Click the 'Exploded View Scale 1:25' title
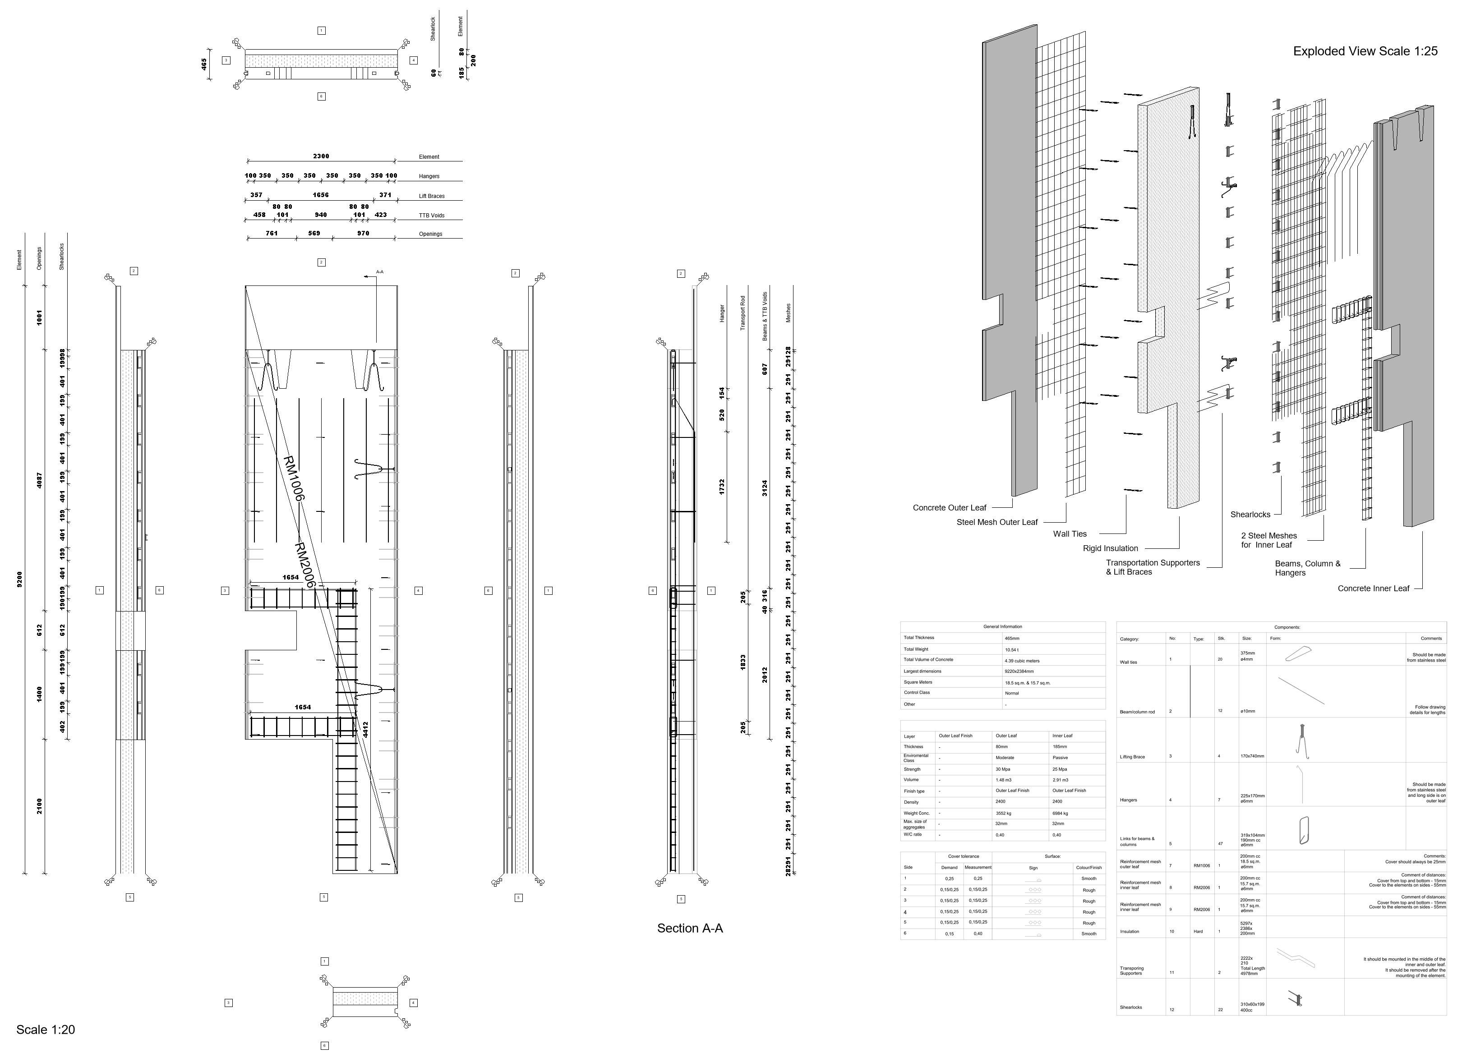[x=1365, y=51]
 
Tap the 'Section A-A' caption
[x=690, y=928]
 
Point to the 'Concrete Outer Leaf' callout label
[x=949, y=508]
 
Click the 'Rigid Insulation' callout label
[x=1110, y=548]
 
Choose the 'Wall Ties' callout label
[x=1070, y=533]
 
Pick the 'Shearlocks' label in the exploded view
[x=1250, y=514]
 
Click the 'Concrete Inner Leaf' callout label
[x=1373, y=589]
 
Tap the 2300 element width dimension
[x=321, y=156]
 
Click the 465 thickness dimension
[x=204, y=64]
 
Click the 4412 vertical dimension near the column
[x=365, y=729]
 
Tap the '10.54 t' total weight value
[x=1013, y=649]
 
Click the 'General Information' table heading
[x=1002, y=626]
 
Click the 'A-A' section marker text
[x=380, y=272]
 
